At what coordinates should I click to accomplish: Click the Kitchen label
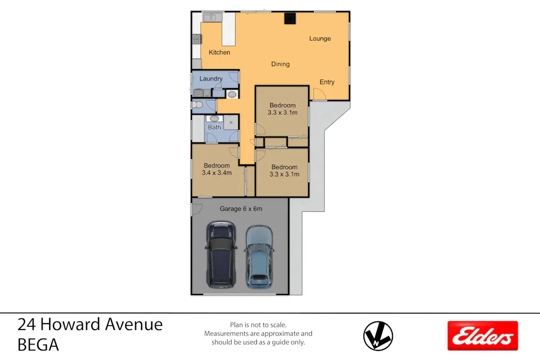(219, 52)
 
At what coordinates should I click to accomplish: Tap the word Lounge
(320, 38)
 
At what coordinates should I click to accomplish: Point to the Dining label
(280, 64)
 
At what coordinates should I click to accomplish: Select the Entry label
(327, 82)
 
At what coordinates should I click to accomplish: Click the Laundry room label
(211, 78)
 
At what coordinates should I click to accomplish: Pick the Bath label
(214, 127)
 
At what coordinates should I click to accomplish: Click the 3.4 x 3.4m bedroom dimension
(216, 173)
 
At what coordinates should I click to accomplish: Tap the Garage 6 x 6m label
(240, 209)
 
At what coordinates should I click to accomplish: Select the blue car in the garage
(259, 256)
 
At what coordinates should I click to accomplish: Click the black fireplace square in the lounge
(289, 19)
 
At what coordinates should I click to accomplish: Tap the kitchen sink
(209, 18)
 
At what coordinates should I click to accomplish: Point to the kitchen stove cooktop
(196, 39)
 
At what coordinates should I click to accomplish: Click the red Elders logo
(482, 335)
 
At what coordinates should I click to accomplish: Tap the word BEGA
(38, 345)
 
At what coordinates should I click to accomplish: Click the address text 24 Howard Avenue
(90, 324)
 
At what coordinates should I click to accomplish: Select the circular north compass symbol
(378, 336)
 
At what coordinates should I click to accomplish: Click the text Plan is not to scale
(258, 325)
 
